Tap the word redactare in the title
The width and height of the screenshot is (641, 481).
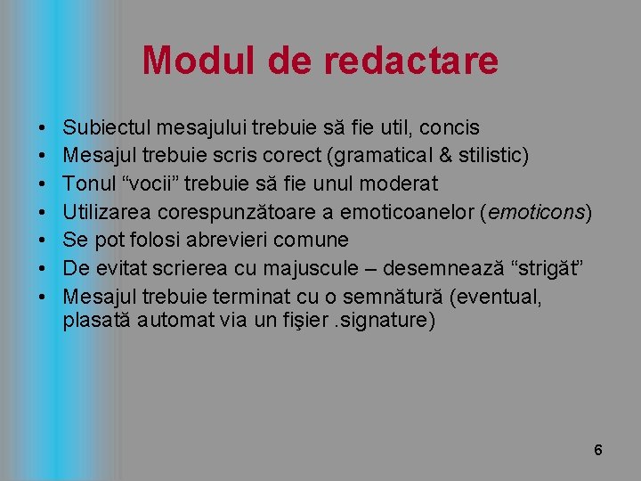[411, 61]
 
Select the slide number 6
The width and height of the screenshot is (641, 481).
[598, 450]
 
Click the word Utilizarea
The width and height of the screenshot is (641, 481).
[108, 212]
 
